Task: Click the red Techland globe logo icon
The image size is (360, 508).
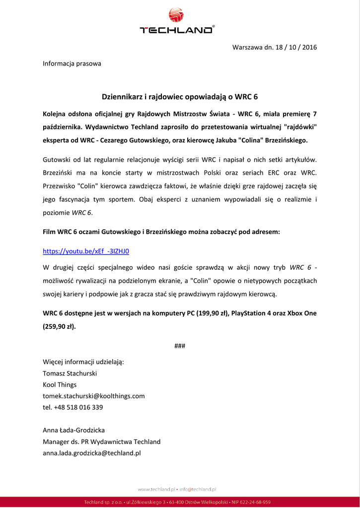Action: pos(176,15)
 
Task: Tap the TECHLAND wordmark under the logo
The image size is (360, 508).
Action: pos(177,30)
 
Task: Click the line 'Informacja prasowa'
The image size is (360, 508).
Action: pos(72,63)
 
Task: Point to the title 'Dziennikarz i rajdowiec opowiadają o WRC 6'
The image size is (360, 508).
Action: pos(180,96)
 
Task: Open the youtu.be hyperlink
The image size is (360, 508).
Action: pos(86,251)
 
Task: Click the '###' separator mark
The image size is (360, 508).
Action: pos(180,346)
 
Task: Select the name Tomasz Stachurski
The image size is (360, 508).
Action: pos(70,373)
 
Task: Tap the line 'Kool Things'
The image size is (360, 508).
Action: pos(60,384)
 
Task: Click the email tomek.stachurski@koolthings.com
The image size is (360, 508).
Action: pos(94,396)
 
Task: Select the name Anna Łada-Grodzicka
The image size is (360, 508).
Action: pos(74,430)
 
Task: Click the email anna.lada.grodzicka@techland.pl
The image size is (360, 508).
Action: pos(92,453)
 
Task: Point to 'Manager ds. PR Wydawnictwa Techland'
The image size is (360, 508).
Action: pos(102,442)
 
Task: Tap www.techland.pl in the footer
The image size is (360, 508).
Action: pos(156,489)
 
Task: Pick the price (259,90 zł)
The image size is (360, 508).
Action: pos(59,326)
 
